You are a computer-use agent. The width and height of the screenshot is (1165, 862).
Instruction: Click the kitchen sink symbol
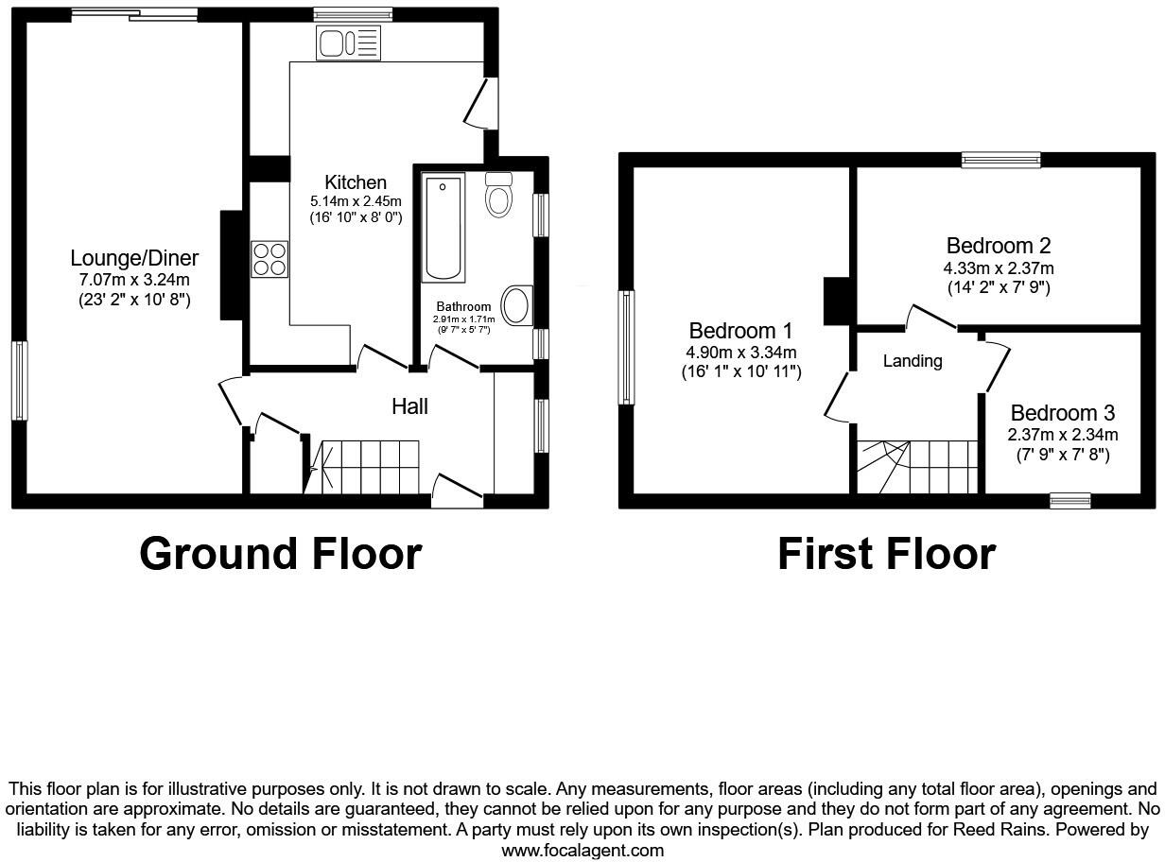(348, 43)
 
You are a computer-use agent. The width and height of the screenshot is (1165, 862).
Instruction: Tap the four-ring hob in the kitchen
(270, 259)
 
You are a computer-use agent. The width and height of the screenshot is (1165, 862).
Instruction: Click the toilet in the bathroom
(498, 195)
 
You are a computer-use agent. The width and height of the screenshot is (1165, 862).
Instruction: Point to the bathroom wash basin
(516, 306)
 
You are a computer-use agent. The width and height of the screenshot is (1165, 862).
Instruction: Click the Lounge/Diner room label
(134, 258)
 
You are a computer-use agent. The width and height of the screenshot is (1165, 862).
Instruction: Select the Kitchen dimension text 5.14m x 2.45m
(356, 201)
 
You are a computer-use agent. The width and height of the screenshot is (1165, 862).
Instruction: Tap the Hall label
(409, 406)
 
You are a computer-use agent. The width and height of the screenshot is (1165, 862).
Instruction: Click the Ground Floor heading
(280, 553)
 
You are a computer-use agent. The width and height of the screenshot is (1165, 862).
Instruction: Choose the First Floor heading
(886, 554)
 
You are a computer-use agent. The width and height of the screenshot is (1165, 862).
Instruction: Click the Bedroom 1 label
(740, 332)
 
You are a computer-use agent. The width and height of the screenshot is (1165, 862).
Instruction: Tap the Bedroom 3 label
(1062, 413)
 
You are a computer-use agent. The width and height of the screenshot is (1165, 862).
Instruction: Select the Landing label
(913, 361)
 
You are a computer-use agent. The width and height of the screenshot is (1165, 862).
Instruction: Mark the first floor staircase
(915, 466)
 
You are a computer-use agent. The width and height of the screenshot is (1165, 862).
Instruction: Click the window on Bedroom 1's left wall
(626, 347)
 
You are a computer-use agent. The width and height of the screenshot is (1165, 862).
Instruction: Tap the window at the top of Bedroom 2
(1000, 160)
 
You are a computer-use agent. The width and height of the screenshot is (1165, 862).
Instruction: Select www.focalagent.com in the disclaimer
(582, 850)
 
